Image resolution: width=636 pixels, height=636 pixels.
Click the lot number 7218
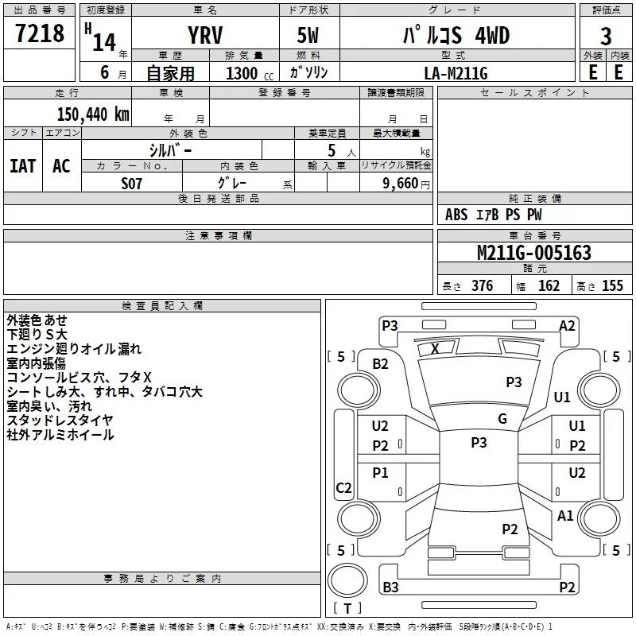[40, 33]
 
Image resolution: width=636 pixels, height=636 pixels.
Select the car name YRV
[205, 35]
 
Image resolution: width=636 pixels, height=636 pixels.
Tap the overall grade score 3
[606, 37]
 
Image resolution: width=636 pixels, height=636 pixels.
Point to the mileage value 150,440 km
[93, 114]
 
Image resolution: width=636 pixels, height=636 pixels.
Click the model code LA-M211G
[456, 73]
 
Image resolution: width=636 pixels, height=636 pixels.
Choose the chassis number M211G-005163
[534, 253]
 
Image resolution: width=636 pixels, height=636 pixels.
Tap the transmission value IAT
[23, 166]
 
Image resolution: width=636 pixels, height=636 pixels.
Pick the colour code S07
[131, 184]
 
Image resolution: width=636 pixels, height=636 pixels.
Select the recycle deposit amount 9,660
[401, 184]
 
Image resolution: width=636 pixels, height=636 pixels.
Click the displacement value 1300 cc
[250, 73]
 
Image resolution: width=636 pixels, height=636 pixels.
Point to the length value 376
[483, 285]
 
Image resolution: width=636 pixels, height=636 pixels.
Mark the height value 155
[612, 285]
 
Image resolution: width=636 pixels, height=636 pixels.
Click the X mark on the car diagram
[435, 349]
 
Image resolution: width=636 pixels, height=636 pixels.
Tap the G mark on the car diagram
[502, 419]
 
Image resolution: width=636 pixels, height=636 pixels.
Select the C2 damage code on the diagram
[343, 487]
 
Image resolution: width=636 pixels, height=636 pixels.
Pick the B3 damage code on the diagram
[390, 587]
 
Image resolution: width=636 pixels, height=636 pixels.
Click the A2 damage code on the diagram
[567, 326]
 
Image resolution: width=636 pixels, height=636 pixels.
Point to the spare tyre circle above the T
[347, 580]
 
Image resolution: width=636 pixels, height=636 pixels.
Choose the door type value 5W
[308, 35]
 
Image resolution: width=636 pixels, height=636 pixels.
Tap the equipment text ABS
[456, 215]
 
